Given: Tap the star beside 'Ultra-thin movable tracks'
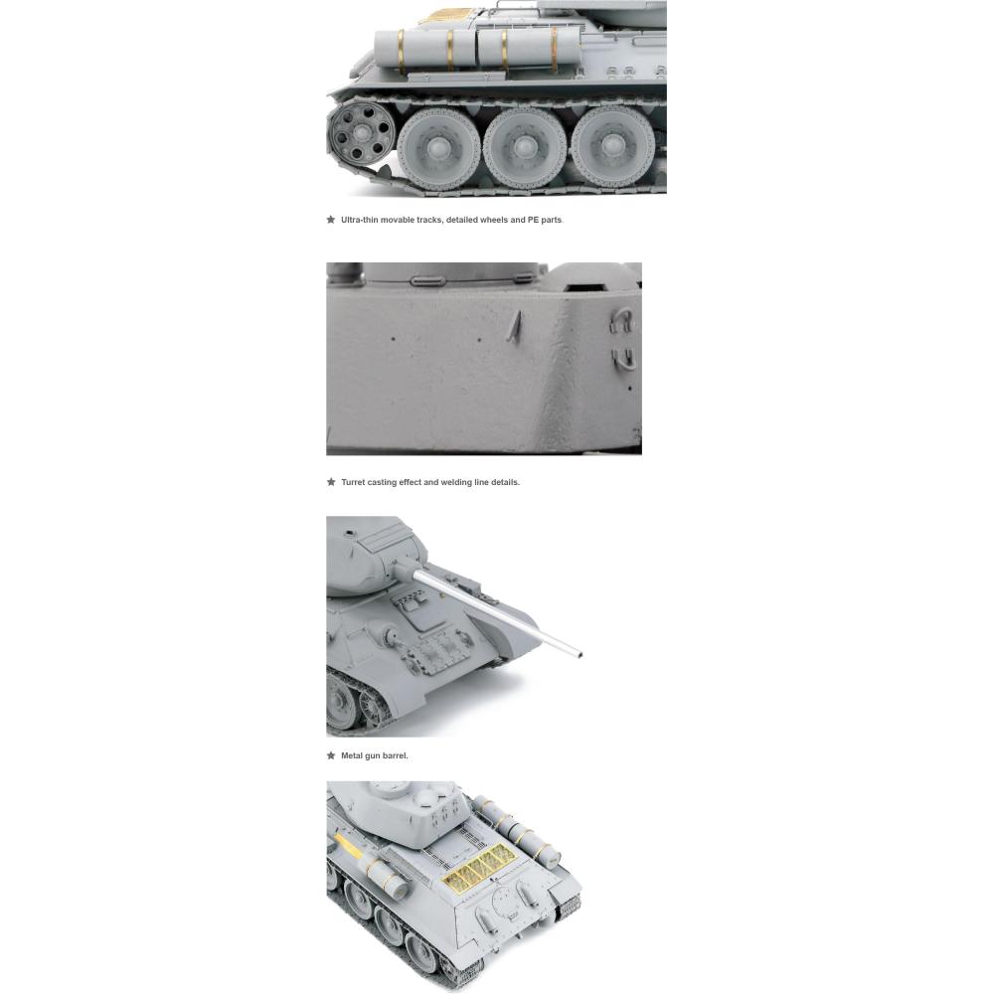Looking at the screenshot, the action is pos(331,220).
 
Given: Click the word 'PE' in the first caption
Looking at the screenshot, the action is pos(533,220).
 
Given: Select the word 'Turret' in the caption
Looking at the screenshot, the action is pos(353,482).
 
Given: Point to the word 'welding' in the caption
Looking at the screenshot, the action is pos(456,482).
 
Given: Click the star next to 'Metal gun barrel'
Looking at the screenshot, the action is pos(331,755).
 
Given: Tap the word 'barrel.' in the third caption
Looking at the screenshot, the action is pos(395,755).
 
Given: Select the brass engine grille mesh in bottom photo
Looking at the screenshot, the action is pos(479,867).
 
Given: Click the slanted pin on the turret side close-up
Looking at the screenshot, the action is pos(515,327).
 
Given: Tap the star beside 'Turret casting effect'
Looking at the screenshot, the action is pos(331,482).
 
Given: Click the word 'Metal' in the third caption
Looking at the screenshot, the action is pos(352,755).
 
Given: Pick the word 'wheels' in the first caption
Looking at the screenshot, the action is pos(494,220).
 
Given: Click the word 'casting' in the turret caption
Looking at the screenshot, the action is pos(382,482).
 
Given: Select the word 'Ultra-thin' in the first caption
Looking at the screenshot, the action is pos(360,220).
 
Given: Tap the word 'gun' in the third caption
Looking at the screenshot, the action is pos(373,756).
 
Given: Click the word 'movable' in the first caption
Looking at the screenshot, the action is pos(398,220).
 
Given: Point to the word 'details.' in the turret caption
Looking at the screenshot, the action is pos(505,482).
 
